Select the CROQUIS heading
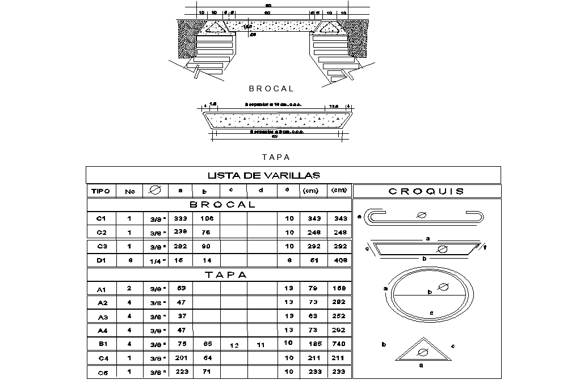(x=426, y=191)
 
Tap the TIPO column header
(x=100, y=191)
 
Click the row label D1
(x=102, y=260)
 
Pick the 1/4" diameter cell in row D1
(x=158, y=261)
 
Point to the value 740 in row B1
(x=339, y=344)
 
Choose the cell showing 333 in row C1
(x=180, y=218)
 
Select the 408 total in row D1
(x=339, y=260)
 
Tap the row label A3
(x=102, y=317)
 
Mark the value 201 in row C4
(x=180, y=358)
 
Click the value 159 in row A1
(x=339, y=289)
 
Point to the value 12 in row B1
(x=233, y=345)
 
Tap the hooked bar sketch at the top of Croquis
(x=424, y=216)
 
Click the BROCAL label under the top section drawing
(x=271, y=88)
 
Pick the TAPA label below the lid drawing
(x=276, y=157)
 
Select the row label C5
(x=102, y=373)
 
